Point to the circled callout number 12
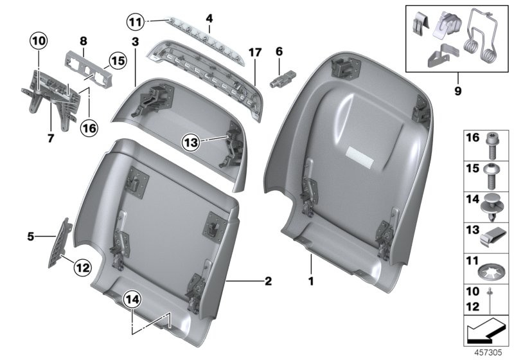tap(82, 266)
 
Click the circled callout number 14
tap(132, 299)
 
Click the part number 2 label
tap(268, 281)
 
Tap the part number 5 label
tap(30, 237)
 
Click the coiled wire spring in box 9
tap(484, 39)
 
